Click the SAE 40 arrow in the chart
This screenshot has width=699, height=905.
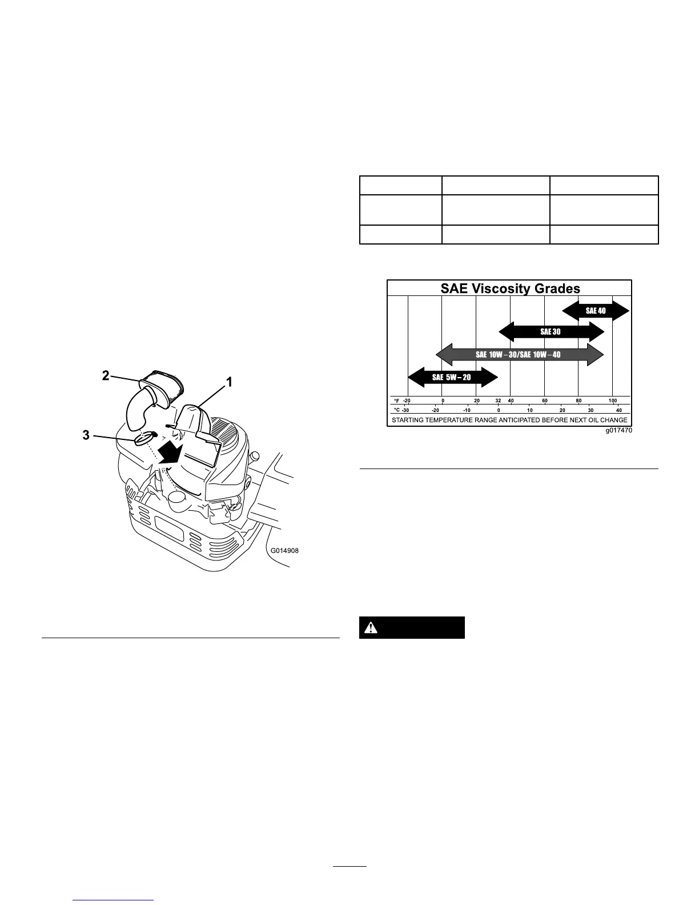[596, 311]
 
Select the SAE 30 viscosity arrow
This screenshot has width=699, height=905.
[551, 332]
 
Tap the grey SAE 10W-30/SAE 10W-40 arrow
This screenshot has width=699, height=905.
[519, 355]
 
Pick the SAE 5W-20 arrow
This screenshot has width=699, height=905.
[452, 377]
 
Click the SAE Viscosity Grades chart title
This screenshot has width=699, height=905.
[510, 289]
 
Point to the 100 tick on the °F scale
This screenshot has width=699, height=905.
[612, 401]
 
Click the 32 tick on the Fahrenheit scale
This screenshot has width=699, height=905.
[498, 401]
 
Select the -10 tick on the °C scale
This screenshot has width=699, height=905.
[467, 410]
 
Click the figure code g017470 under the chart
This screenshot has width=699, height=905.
[619, 431]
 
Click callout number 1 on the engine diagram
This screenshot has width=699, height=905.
[230, 383]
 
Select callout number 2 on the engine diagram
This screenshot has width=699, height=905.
[106, 375]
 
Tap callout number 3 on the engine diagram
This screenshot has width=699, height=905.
[86, 435]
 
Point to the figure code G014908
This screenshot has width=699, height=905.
[284, 551]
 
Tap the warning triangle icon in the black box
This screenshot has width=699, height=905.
[372, 627]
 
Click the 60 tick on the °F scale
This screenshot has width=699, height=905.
[545, 401]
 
